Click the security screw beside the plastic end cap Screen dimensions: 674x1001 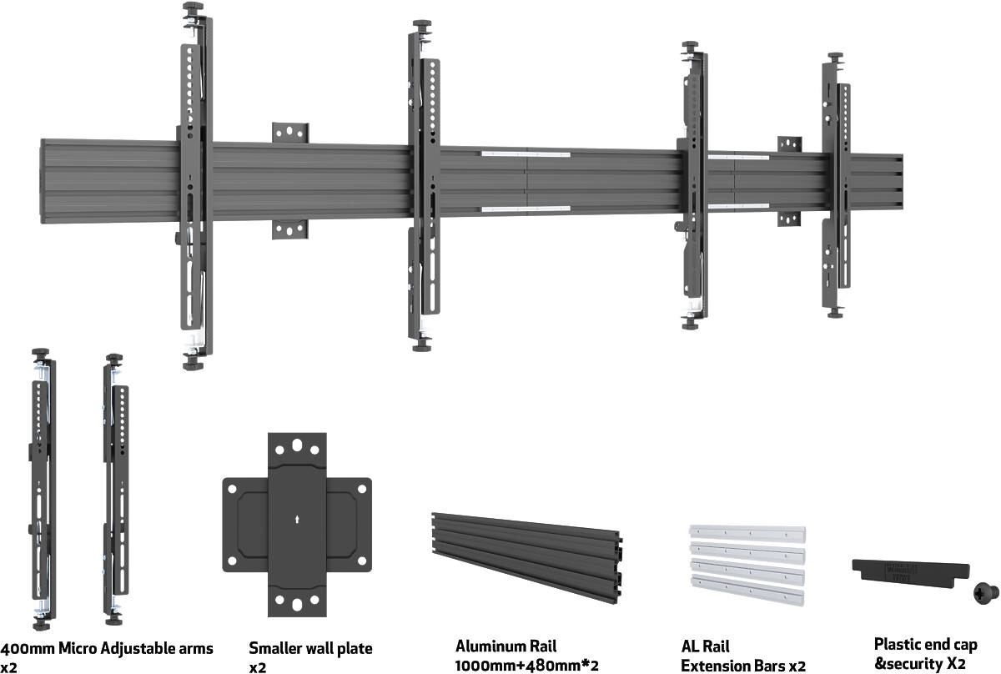click(x=983, y=595)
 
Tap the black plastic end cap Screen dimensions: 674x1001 click(x=909, y=571)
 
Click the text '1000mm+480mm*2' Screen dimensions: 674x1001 click(x=527, y=666)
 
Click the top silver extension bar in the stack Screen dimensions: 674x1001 click(x=747, y=532)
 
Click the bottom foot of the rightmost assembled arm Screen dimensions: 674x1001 click(x=835, y=312)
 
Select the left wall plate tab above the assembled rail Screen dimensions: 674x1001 click(x=289, y=133)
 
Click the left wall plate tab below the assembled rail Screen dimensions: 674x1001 click(x=289, y=229)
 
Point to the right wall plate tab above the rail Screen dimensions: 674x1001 click(x=789, y=143)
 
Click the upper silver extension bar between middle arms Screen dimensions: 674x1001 click(x=526, y=153)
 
